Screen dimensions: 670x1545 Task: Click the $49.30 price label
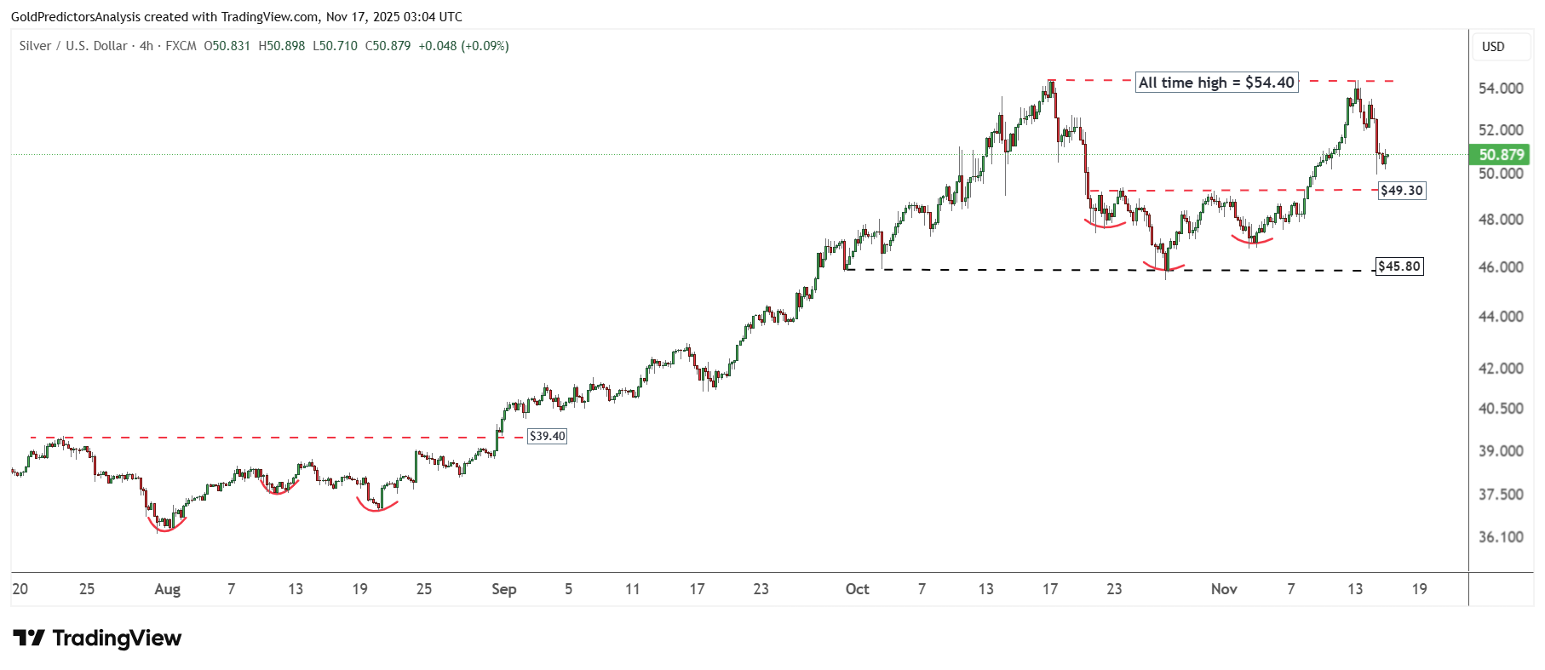point(1401,191)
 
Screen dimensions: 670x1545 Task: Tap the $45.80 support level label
point(1399,266)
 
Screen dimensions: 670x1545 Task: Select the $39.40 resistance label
point(547,436)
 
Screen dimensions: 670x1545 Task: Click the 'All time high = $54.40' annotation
point(1216,83)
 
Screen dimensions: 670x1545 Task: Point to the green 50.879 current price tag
point(1500,155)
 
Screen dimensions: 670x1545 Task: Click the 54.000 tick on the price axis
point(1501,89)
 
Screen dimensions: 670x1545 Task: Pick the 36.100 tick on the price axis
point(1501,537)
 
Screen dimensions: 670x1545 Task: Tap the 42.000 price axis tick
point(1501,369)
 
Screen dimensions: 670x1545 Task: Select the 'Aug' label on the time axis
point(167,589)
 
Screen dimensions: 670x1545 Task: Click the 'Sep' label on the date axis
point(503,589)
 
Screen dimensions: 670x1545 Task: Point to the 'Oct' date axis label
point(857,589)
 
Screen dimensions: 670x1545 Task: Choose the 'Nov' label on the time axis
point(1223,589)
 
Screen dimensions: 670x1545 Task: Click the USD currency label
point(1493,47)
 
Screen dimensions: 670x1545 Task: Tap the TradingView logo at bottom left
point(97,639)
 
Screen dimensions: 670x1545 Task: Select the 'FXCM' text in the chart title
point(181,46)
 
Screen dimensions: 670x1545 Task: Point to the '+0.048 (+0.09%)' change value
point(463,46)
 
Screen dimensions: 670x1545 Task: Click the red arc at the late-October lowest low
point(1163,268)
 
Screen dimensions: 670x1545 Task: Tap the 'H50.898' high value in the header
point(281,46)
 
